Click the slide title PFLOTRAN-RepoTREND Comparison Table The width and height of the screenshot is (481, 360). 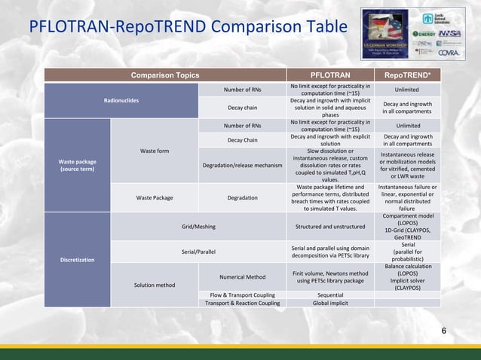pyautogui.click(x=188, y=29)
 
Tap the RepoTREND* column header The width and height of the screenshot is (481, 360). pyautogui.click(x=407, y=75)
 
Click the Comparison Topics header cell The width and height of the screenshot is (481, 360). pyautogui.click(x=166, y=75)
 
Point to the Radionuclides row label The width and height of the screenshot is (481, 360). pyautogui.click(x=121, y=101)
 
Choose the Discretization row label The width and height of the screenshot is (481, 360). pyautogui.click(x=78, y=260)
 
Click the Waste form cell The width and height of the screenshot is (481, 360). pyautogui.click(x=154, y=151)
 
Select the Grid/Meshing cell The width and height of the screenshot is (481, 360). pyautogui.click(x=199, y=225)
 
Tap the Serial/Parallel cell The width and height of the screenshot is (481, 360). pyautogui.click(x=199, y=251)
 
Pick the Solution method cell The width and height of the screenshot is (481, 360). pyautogui.click(x=154, y=285)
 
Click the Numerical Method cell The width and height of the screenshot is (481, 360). pyautogui.click(x=242, y=276)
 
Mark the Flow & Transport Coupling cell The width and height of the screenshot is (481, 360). pyautogui.click(x=242, y=294)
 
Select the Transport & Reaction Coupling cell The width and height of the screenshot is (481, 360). pyautogui.click(x=242, y=303)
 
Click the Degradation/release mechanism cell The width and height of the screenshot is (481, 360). pyautogui.click(x=242, y=165)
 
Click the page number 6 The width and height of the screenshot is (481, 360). pyautogui.click(x=443, y=331)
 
